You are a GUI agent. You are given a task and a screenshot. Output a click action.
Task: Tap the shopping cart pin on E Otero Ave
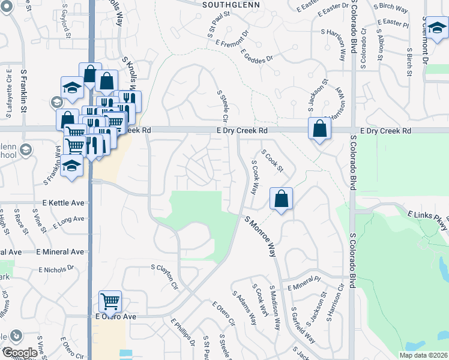[x=110, y=302]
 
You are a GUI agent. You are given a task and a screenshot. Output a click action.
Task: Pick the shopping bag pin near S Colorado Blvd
[x=320, y=128]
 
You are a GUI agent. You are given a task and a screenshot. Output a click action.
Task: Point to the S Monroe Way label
[x=261, y=236]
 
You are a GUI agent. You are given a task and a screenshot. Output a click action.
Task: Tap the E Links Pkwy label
[x=427, y=219]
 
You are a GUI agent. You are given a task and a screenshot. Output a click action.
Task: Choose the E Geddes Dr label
[x=257, y=61]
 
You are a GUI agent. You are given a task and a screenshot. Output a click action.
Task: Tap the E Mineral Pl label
[x=304, y=284]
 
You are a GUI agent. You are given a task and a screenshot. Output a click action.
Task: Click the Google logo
[x=20, y=353]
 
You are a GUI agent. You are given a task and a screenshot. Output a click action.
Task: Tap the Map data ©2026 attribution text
[x=423, y=355]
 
